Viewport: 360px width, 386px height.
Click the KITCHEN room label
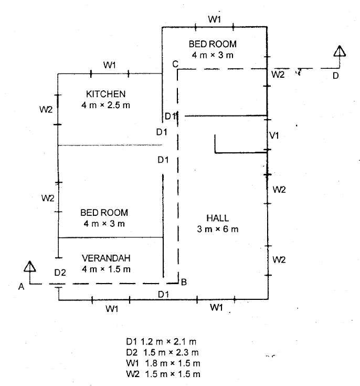106,94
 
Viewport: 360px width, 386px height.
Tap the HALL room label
218,218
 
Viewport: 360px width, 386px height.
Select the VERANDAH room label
106,258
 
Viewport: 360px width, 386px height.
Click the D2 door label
60,273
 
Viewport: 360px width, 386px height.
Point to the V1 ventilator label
274,135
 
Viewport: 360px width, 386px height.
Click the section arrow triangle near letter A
30,266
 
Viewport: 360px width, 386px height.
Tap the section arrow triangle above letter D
340,51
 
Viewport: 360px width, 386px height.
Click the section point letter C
175,64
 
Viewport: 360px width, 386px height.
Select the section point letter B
184,282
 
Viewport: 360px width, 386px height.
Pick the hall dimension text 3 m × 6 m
218,229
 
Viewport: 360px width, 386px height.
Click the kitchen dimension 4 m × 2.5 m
105,105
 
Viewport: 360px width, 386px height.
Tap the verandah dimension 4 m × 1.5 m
106,269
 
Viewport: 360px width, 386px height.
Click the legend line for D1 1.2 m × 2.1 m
161,342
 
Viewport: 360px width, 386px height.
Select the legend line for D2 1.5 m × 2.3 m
162,352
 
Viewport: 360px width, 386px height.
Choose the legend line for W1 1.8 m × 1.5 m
163,363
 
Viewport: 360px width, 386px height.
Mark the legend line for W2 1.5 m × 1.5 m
163,374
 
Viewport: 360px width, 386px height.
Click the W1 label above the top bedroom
215,19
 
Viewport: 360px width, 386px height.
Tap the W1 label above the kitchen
110,65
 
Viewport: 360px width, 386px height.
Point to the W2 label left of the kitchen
46,109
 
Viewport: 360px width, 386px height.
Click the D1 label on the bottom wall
163,294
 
